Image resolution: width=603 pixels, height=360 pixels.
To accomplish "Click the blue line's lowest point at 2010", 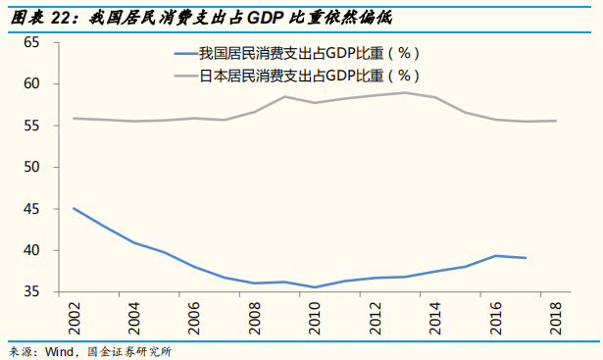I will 314,287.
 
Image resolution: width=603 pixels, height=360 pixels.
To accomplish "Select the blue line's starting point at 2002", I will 74,208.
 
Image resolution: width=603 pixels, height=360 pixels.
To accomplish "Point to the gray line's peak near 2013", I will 405,93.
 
